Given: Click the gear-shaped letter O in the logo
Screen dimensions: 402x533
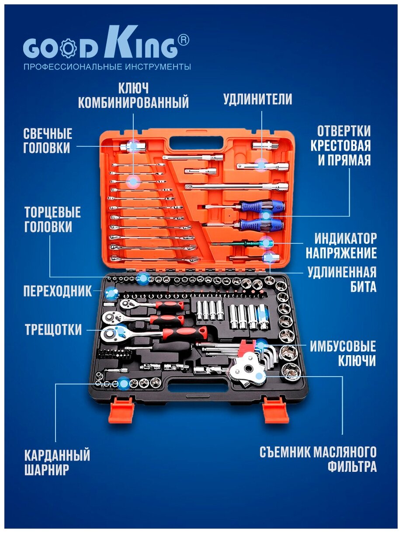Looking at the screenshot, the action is tap(68, 49).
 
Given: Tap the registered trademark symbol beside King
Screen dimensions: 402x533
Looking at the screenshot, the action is tap(183, 40).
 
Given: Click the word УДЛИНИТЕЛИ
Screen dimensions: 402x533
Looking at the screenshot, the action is tap(257, 99).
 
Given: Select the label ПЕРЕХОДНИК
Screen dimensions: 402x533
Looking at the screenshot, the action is tap(58, 291).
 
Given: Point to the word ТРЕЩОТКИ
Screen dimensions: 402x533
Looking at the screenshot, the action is tap(53, 329).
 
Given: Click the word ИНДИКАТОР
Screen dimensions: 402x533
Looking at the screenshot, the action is tap(346, 239).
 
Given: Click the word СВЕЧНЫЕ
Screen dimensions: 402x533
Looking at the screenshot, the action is tap(48, 133).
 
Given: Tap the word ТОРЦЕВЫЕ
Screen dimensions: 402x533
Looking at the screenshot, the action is tap(52, 212).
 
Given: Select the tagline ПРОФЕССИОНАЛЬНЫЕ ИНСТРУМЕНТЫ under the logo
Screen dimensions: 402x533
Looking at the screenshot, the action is tap(107, 66).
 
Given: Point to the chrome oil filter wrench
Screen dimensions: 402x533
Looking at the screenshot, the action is tap(250, 371).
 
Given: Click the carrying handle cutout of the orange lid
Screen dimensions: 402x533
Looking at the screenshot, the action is tap(196, 143).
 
